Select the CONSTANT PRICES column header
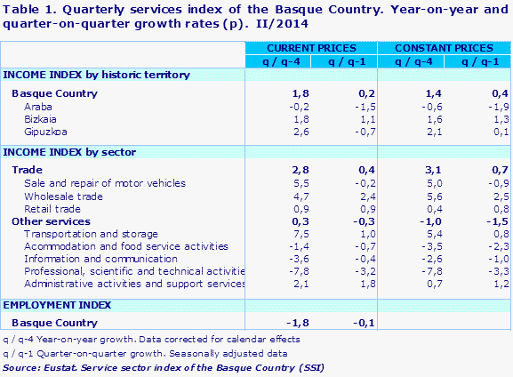tap(444, 47)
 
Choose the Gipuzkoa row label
tap(45, 131)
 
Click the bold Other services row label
tap(51, 221)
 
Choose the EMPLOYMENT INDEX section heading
tap(57, 304)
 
